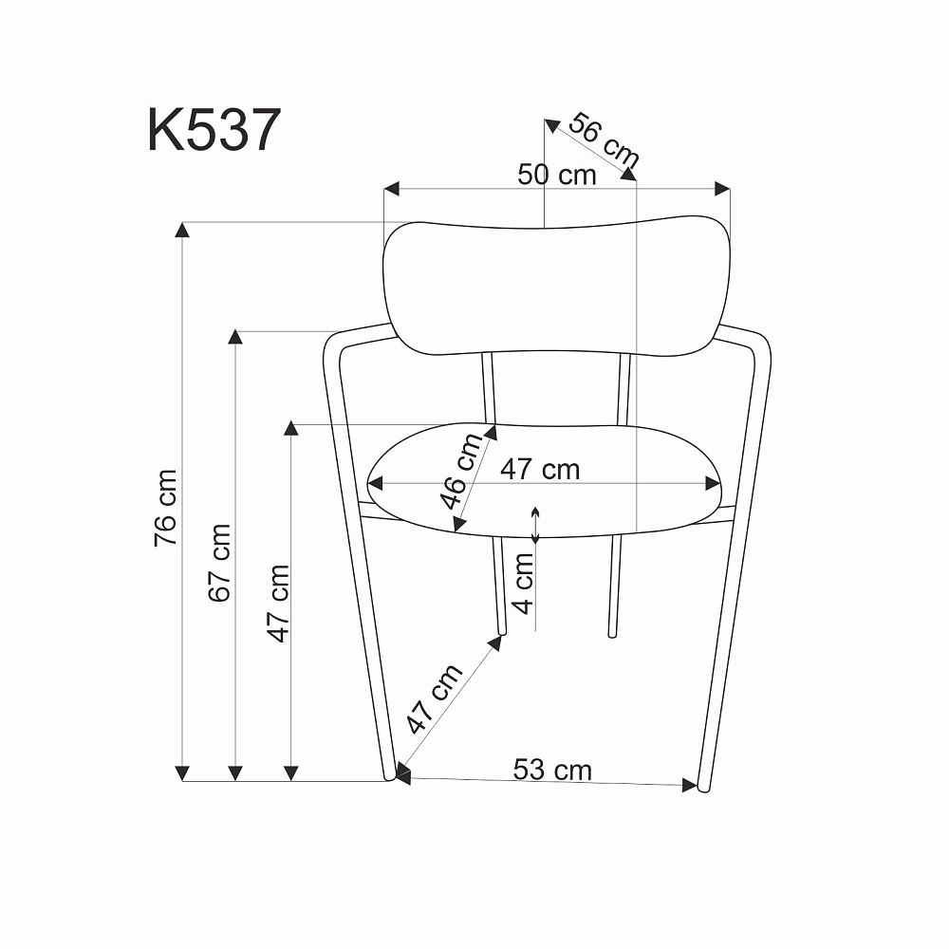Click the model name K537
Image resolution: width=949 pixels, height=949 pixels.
[214, 130]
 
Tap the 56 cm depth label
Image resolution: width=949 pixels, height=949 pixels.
[604, 140]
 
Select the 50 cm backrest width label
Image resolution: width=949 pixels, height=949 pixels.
[557, 175]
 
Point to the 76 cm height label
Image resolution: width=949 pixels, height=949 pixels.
[165, 508]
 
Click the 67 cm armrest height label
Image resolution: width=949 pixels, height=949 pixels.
[219, 563]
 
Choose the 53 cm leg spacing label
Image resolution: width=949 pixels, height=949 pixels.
[552, 770]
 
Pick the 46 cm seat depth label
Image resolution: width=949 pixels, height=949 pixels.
[461, 472]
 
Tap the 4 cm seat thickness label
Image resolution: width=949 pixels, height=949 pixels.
[523, 584]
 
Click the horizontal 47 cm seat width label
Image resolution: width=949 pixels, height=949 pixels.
[540, 470]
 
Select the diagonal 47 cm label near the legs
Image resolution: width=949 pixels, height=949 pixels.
[434, 698]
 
